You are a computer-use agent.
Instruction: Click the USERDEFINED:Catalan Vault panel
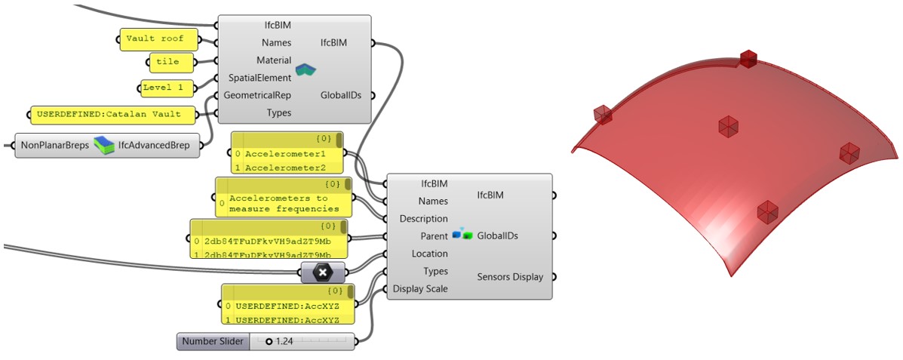tap(111, 115)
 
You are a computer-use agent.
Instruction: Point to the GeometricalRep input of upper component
tap(256, 95)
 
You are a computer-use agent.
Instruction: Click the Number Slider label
tap(212, 342)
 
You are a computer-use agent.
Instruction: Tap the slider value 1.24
tap(284, 342)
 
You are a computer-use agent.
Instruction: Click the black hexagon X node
tap(323, 272)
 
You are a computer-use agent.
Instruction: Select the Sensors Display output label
tap(509, 277)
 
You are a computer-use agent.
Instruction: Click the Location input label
tap(429, 254)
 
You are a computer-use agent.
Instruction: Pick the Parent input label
tap(434, 236)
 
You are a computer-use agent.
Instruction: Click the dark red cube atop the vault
tap(748, 58)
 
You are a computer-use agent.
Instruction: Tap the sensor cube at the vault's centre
tap(727, 126)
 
